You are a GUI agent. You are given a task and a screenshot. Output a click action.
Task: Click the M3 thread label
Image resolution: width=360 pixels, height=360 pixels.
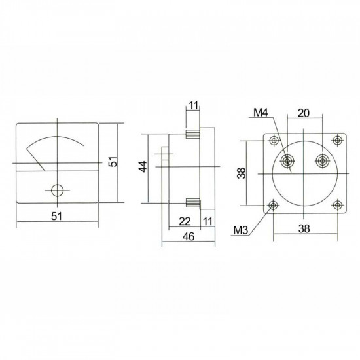[x=240, y=230]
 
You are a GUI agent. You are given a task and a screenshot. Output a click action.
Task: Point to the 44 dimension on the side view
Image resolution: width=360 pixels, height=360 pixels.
[x=143, y=168]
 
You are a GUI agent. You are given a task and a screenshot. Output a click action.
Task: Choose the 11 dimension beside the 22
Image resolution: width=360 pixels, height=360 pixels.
[x=207, y=222]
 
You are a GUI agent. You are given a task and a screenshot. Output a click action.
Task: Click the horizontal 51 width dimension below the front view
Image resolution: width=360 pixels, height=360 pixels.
[x=57, y=217]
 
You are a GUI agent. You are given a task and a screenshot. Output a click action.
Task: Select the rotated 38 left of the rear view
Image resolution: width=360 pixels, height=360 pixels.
[x=240, y=172]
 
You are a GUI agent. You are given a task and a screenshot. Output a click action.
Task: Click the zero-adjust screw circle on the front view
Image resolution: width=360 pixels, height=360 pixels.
[x=58, y=190]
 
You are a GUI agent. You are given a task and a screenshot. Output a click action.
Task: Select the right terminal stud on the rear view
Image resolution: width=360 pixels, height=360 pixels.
[x=321, y=161]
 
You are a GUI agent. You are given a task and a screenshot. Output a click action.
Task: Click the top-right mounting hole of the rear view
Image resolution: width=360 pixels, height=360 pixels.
[x=336, y=141]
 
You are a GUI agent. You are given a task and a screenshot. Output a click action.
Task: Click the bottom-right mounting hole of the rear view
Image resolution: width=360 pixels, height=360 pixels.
[x=336, y=205]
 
